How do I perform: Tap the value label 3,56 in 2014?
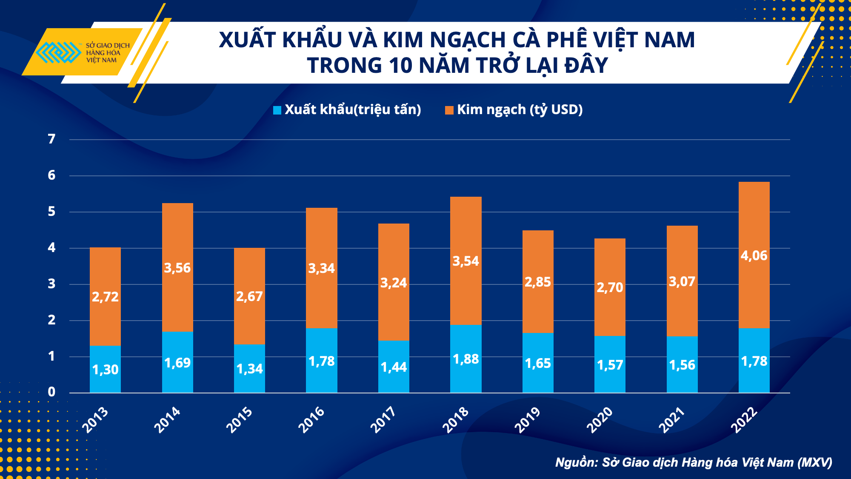point(177,268)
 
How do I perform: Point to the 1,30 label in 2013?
point(105,370)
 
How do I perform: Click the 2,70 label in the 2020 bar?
point(610,288)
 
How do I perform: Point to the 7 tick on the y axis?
point(51,139)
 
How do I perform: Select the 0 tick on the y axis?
point(51,392)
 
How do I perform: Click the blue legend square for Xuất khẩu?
point(277,110)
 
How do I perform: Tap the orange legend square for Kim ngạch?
point(449,110)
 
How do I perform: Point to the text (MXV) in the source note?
point(814,462)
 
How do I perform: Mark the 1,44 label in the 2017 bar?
point(394,367)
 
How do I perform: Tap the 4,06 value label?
point(754,255)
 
